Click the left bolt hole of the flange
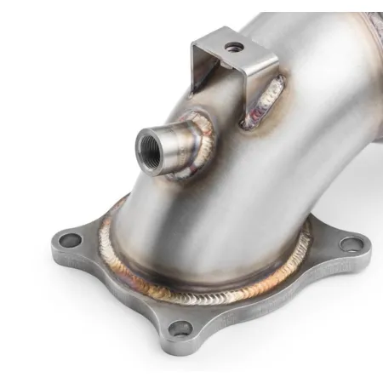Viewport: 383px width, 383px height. (72, 241)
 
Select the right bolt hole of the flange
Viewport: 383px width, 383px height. (349, 243)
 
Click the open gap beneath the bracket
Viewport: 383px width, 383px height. (230, 85)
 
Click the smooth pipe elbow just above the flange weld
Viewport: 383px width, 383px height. (196, 230)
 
